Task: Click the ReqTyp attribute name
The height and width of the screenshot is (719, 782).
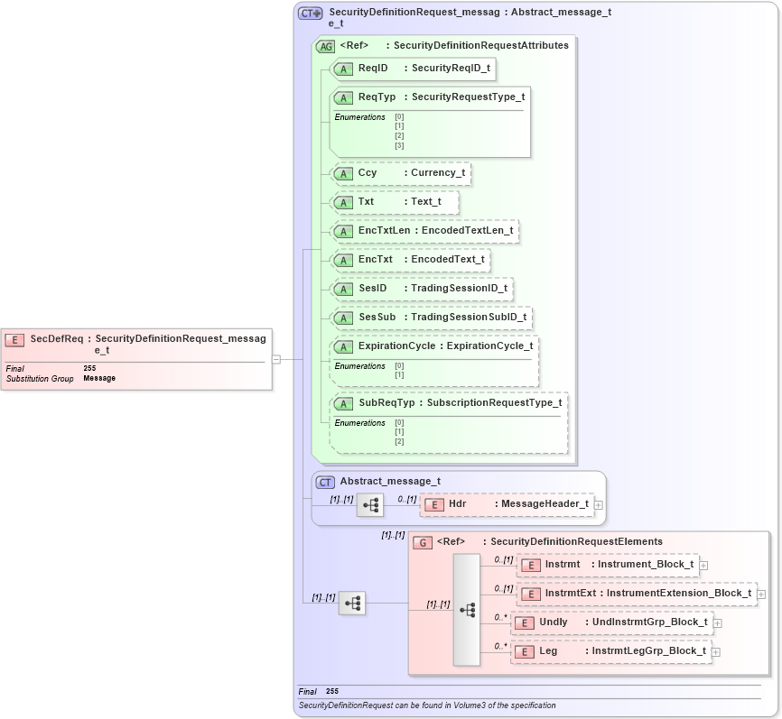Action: [x=377, y=97]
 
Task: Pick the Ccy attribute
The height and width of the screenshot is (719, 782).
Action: [x=401, y=173]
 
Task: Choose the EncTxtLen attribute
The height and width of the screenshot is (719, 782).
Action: [x=424, y=231]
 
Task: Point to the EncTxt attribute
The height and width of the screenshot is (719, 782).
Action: [x=411, y=260]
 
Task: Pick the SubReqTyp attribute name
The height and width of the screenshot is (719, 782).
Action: [x=386, y=402]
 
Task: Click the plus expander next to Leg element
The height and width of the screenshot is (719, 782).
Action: [x=716, y=651]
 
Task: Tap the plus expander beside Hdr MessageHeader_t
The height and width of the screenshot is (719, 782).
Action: [x=599, y=505]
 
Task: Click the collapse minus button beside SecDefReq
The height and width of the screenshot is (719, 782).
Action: [x=276, y=359]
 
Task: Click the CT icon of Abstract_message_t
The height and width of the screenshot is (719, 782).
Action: [x=325, y=482]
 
